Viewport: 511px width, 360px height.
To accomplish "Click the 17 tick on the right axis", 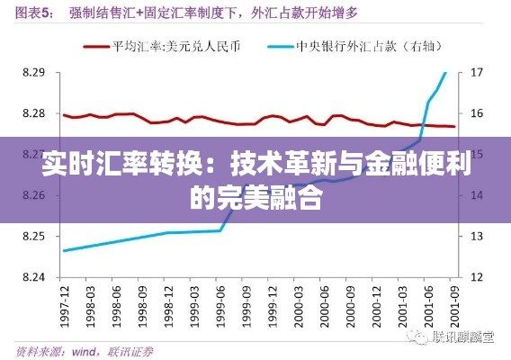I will point(478,72).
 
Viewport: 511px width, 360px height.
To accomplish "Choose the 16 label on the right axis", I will point(478,113).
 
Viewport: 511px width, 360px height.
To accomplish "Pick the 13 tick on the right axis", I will point(478,236).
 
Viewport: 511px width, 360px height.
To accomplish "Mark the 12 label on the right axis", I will point(478,276).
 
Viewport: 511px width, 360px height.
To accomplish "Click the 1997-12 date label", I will point(64,306).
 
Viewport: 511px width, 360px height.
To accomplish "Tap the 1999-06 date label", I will point(220,306).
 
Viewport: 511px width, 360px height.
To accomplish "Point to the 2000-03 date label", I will point(298,306).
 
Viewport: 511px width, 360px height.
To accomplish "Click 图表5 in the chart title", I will point(34,12).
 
